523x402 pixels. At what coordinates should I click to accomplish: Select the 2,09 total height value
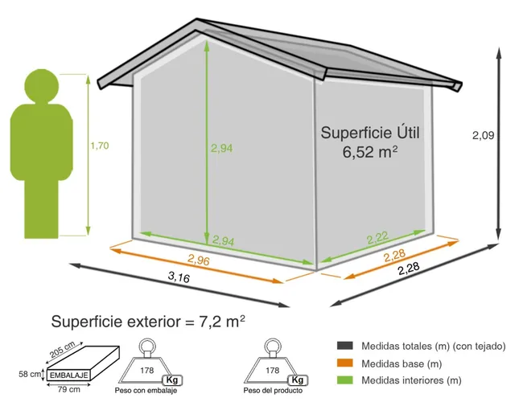coord(483,136)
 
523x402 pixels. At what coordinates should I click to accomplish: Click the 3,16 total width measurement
coord(179,278)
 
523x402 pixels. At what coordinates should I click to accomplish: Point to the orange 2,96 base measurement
coord(198,259)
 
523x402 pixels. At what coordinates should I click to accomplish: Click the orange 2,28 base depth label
coord(395,256)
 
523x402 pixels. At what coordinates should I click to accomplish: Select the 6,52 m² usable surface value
coord(371,150)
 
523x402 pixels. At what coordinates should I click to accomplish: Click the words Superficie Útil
coord(371,131)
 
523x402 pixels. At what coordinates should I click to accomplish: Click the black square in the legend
coord(342,347)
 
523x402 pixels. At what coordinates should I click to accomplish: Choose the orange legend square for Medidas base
coord(342,363)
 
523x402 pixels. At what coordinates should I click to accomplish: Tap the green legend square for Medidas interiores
coord(342,380)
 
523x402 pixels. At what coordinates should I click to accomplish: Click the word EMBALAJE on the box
coord(68,375)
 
